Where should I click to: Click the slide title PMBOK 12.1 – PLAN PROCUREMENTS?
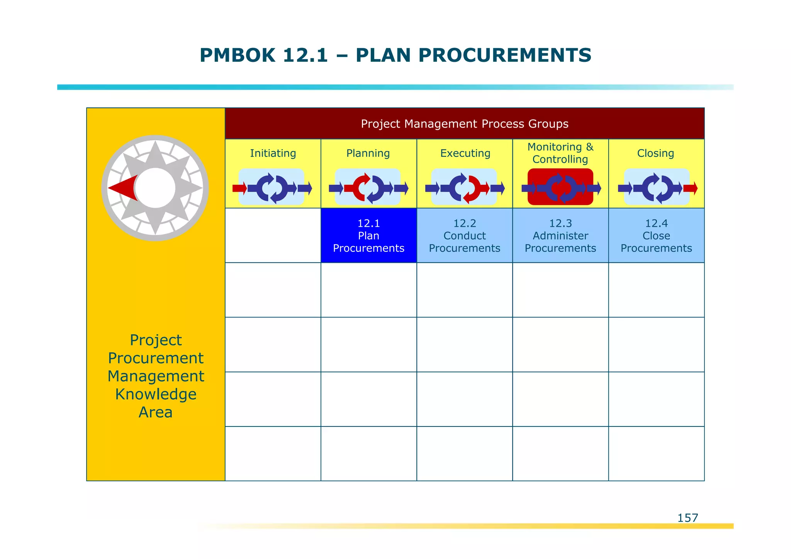[x=395, y=55]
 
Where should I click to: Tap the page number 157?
[x=687, y=518]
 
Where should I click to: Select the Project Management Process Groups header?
[x=464, y=124]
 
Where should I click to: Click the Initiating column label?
[x=273, y=153]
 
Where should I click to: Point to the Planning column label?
[x=368, y=153]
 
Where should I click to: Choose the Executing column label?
[x=465, y=153]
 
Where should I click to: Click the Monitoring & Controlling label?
[x=560, y=153]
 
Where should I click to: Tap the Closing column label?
[x=655, y=153]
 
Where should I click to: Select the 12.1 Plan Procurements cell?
[x=368, y=236]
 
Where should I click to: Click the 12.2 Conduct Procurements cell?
[x=464, y=236]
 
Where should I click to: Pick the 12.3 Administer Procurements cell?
[x=560, y=236]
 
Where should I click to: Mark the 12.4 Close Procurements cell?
[x=656, y=236]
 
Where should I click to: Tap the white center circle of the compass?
[x=155, y=188]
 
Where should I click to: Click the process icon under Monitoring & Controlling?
[x=560, y=188]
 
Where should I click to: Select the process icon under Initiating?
[x=272, y=188]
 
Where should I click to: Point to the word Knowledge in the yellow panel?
[x=156, y=394]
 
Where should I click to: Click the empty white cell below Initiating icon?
[x=273, y=236]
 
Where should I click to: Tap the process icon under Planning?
[x=368, y=188]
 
